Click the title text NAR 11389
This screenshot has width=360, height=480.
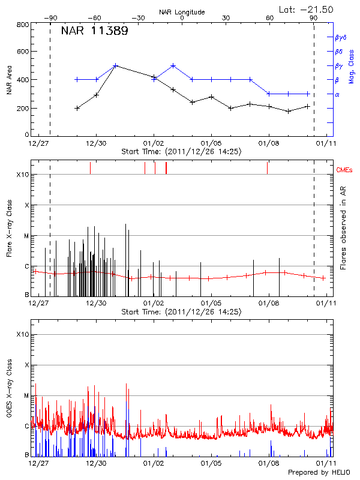click(x=94, y=31)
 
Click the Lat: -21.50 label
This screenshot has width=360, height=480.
click(x=307, y=9)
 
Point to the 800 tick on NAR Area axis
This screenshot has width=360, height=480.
click(x=23, y=25)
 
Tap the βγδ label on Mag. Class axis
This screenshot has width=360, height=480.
click(x=340, y=37)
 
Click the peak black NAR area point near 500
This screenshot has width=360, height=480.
click(x=116, y=65)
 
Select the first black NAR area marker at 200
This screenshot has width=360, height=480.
click(x=77, y=108)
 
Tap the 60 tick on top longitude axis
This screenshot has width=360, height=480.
click(x=270, y=18)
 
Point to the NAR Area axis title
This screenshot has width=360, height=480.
click(x=9, y=80)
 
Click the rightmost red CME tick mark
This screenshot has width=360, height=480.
click(x=267, y=168)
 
